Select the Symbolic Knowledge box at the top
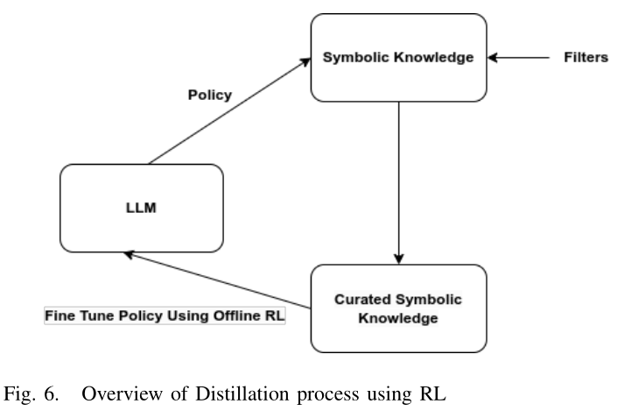click(399, 59)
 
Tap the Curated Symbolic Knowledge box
click(399, 308)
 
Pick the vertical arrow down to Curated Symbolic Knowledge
click(399, 184)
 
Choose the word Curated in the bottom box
click(360, 300)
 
